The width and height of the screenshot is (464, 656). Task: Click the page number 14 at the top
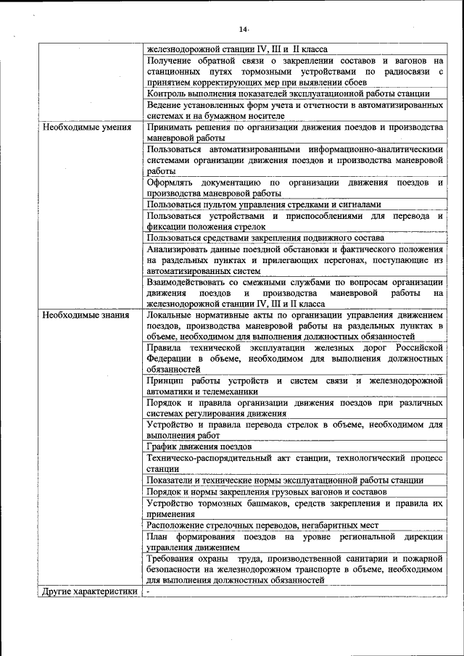point(244,29)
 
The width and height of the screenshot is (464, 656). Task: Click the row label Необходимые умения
point(86,128)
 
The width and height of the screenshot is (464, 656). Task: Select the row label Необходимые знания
point(86,315)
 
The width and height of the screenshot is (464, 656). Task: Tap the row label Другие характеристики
point(89,591)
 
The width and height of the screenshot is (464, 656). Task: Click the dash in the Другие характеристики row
point(147,591)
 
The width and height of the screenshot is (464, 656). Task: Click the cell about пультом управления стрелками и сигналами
point(264,205)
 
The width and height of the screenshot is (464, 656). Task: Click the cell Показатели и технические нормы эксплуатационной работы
point(285,480)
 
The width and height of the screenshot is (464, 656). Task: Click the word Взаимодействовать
point(186,282)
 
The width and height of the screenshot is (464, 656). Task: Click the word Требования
point(173,559)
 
